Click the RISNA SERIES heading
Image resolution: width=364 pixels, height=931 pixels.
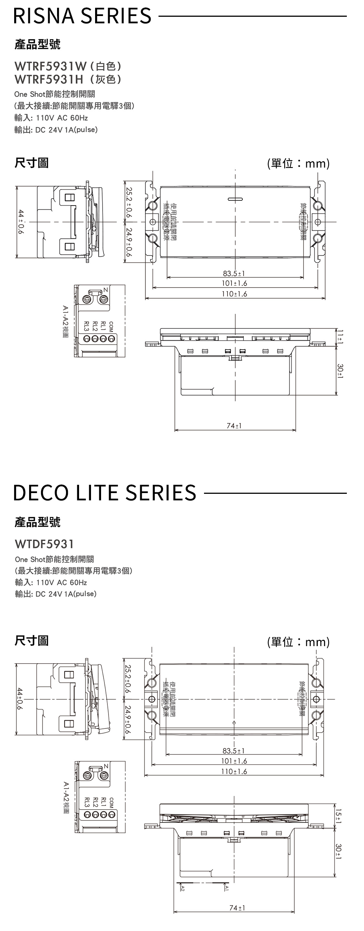point(82,16)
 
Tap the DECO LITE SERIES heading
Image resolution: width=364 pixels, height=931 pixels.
point(104,493)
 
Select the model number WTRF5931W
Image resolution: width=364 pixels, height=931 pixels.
point(50,67)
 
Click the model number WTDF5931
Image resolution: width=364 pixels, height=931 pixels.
point(44,544)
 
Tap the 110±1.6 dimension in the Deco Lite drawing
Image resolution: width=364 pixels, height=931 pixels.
point(234,771)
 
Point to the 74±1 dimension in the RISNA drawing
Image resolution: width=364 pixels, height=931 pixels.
point(234,425)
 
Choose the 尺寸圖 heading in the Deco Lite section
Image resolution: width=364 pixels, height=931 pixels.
point(31,641)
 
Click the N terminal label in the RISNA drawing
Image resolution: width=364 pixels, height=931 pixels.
point(106,290)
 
